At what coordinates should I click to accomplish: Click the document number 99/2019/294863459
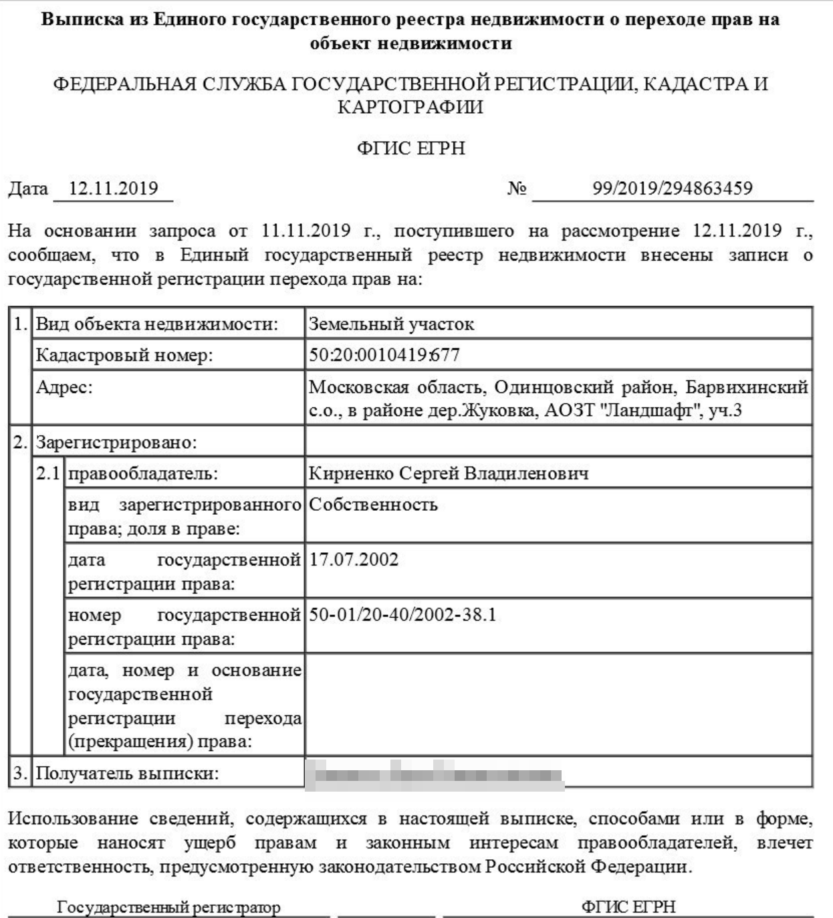672,188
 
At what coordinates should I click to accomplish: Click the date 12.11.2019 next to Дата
113,188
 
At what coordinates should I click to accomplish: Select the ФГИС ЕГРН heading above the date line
410,148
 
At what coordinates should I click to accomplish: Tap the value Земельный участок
391,324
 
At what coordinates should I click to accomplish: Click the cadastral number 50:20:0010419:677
384,354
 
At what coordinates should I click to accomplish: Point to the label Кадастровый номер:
124,355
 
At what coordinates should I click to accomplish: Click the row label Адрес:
64,386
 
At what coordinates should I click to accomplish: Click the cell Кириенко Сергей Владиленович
448,473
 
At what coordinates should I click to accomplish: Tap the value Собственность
373,504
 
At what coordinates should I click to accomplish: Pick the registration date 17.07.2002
354,559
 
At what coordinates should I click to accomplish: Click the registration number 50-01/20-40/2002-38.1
402,614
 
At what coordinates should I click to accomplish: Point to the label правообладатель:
142,473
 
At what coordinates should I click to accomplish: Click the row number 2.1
47,473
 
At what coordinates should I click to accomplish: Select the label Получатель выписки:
126,774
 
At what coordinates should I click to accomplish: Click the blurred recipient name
435,774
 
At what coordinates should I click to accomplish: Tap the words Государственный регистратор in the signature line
168,907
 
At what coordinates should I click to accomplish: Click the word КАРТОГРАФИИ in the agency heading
410,107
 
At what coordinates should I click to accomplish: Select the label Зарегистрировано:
116,442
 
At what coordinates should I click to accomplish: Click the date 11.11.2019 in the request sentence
306,231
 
